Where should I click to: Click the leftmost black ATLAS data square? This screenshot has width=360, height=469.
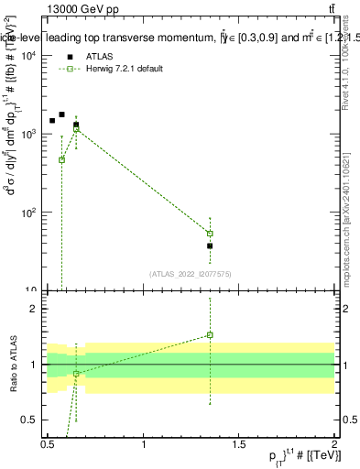click(x=52, y=121)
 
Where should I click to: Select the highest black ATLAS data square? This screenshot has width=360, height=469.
click(x=61, y=115)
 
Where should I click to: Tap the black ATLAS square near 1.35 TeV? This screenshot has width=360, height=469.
click(x=210, y=245)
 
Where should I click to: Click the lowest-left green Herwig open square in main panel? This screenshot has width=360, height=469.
click(x=61, y=159)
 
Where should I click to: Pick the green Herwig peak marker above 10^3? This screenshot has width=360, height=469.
click(x=76, y=129)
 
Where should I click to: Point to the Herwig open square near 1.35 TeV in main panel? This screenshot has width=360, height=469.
click(x=210, y=233)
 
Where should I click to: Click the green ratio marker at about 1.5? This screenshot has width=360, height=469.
click(x=210, y=334)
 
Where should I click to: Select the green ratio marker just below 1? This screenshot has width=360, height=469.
click(x=76, y=374)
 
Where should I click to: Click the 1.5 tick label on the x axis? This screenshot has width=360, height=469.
click(x=238, y=445)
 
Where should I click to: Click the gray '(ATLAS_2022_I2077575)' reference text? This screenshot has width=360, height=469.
click(x=190, y=273)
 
